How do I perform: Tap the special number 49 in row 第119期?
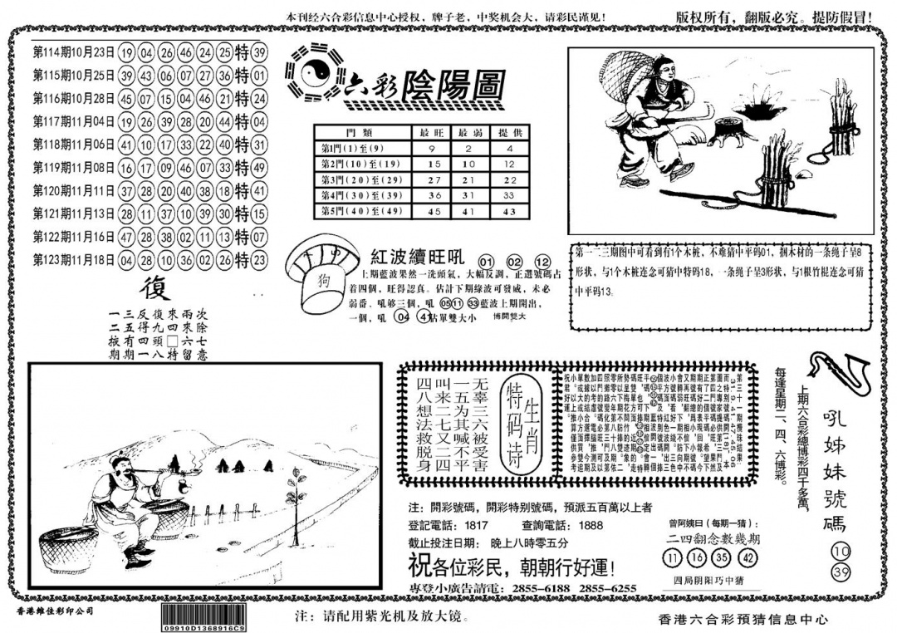(x=260, y=167)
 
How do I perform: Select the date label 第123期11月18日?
(x=73, y=258)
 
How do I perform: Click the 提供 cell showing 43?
(x=509, y=212)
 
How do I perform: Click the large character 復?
(x=154, y=287)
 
